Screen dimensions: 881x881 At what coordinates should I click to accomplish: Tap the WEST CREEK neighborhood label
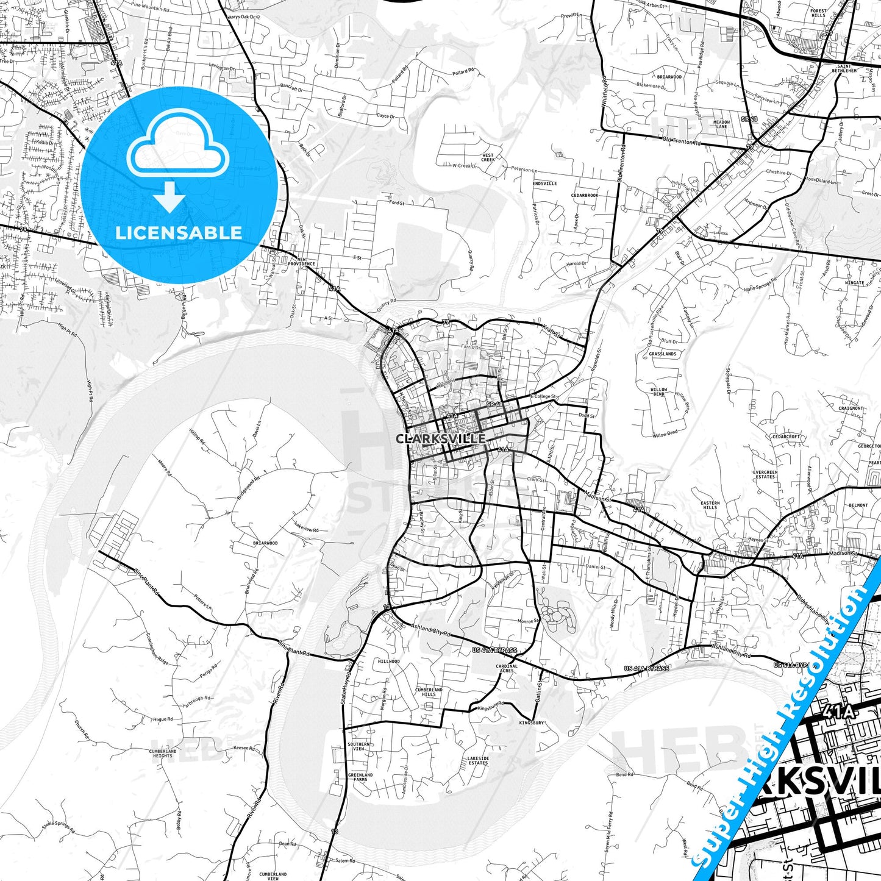tap(488, 157)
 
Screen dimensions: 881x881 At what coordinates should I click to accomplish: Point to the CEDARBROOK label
tap(585, 195)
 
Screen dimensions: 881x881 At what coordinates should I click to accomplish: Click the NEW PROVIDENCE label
tap(306, 262)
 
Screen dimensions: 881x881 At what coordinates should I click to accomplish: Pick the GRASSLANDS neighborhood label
tap(662, 354)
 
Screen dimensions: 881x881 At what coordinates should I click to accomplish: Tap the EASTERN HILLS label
tap(710, 505)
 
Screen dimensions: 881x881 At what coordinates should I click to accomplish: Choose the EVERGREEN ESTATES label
tap(765, 474)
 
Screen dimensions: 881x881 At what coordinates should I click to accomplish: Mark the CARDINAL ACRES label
tap(507, 668)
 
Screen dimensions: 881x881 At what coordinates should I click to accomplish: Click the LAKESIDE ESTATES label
tap(478, 760)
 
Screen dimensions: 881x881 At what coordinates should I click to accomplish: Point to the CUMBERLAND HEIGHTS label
tap(163, 754)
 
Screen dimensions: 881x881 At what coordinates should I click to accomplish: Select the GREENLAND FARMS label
tap(360, 777)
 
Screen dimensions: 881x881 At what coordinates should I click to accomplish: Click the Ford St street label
tap(396, 202)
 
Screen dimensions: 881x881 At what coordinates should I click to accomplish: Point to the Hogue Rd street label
tap(163, 719)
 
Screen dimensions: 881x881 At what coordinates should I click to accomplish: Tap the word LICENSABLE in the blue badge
tap(179, 233)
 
